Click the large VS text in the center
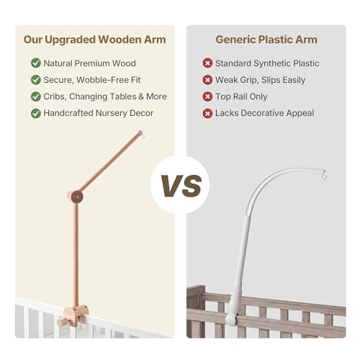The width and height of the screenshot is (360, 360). (x=181, y=186)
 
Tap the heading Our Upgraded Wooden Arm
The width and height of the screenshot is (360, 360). (x=95, y=40)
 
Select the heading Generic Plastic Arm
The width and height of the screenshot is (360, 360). (x=266, y=40)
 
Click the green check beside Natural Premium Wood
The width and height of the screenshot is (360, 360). (x=36, y=63)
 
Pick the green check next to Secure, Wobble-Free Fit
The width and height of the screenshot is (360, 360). (x=36, y=80)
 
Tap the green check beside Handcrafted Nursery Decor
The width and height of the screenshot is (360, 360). (x=36, y=113)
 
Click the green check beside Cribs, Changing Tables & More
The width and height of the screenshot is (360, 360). (x=36, y=96)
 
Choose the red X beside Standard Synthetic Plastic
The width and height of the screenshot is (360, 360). (x=207, y=63)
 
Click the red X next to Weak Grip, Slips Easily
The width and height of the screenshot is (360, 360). (x=207, y=80)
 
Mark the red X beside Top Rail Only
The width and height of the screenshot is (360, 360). (x=207, y=96)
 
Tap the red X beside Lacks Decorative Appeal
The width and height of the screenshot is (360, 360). (x=207, y=113)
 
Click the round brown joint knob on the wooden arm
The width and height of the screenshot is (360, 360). (x=77, y=197)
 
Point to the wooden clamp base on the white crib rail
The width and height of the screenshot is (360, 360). (x=72, y=315)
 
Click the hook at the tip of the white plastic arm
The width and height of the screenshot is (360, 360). (x=324, y=174)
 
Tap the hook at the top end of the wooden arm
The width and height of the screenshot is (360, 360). (x=142, y=135)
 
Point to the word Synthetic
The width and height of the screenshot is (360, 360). (x=272, y=63)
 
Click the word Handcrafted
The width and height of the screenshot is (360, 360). (x=68, y=113)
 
